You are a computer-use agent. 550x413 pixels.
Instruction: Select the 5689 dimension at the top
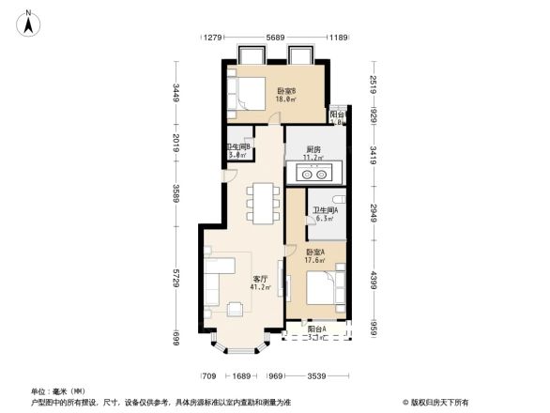coord(275,38)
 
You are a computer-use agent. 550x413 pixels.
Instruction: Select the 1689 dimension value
coord(241,375)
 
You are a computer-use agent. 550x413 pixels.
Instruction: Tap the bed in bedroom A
coord(324,289)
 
